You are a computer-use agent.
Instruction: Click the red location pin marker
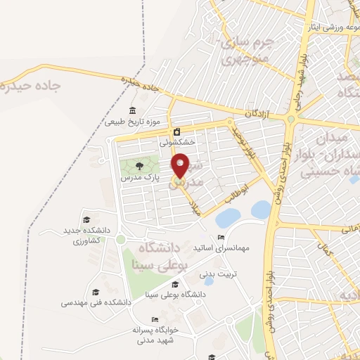(181, 165)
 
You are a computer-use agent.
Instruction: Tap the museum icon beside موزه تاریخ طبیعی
(133, 110)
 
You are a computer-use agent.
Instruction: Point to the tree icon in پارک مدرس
(139, 167)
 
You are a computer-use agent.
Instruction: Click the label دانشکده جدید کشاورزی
(89, 236)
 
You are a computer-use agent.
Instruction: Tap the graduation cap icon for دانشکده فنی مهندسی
(96, 292)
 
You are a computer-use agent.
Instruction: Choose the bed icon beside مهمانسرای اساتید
(221, 238)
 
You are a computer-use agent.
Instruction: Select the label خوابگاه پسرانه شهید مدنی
(157, 334)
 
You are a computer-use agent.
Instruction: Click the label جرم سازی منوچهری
(245, 51)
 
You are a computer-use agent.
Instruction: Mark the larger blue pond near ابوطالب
(260, 209)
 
